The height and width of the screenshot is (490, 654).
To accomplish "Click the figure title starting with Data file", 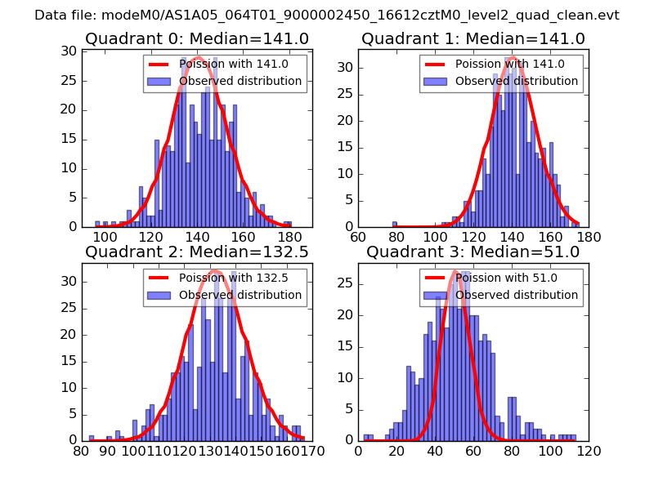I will point(327,16).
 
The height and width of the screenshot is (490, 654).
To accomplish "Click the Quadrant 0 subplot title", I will point(197,38).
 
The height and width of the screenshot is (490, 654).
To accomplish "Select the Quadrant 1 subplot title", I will point(473,38).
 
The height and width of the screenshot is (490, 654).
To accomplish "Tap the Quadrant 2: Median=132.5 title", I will point(197,252).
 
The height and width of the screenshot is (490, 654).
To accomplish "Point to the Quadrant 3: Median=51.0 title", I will point(473,252).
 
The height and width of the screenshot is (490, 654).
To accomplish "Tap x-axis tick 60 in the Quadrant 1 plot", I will point(358,238).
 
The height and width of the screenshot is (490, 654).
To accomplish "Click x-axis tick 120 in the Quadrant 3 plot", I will point(589,451).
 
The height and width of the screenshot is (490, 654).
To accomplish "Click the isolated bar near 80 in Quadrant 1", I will point(394,224).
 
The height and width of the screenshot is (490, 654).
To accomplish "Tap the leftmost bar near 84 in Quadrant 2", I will point(92,437).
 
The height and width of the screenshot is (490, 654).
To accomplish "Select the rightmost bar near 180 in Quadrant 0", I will point(287,224).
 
